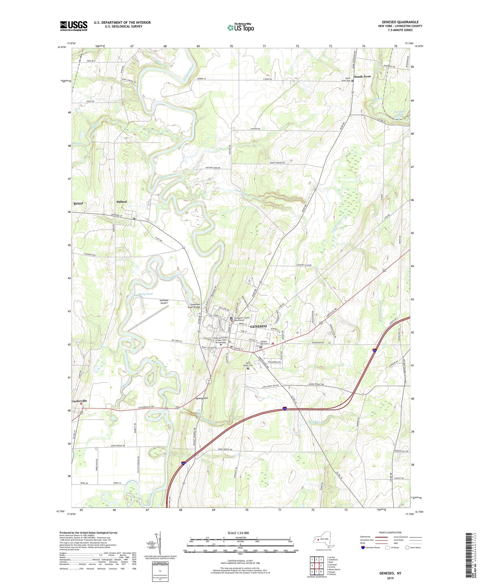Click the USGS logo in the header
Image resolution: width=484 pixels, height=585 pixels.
pos(74,26)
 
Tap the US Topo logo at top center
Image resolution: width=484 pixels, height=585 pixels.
pos(240,27)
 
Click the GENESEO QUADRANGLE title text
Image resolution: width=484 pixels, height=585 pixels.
pos(400,22)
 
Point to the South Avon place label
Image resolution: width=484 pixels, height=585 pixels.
pos(362,77)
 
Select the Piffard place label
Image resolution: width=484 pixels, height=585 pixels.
pos(122,202)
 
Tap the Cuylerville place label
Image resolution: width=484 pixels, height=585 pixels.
pos(79,401)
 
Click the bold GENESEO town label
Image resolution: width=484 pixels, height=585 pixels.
pos(259,326)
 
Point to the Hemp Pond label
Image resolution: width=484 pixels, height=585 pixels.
pos(145,294)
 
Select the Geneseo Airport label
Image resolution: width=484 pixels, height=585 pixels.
pos(164,302)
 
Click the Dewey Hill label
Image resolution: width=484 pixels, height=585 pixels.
pos(202,398)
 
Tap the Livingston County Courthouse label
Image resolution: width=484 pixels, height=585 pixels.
pos(242,319)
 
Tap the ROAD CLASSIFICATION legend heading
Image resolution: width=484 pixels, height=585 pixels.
pos(390,532)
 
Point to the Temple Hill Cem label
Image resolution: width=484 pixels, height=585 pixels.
pos(264,342)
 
